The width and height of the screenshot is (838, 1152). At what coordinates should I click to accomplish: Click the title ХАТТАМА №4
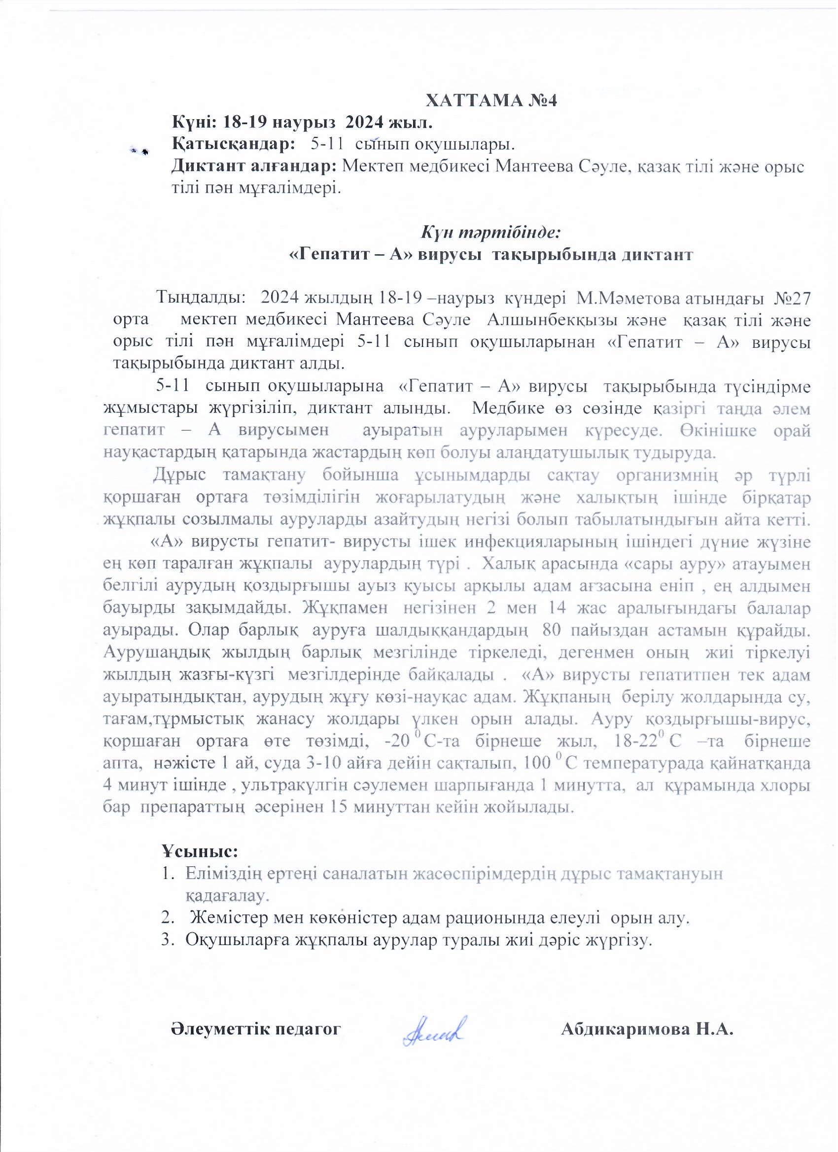[491, 101]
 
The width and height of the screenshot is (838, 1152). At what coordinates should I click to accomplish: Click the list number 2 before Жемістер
[166, 918]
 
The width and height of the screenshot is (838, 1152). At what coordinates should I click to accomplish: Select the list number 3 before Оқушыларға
[166, 940]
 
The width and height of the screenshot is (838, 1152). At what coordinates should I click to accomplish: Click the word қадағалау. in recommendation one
[227, 895]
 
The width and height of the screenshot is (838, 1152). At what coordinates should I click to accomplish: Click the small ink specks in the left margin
[139, 150]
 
